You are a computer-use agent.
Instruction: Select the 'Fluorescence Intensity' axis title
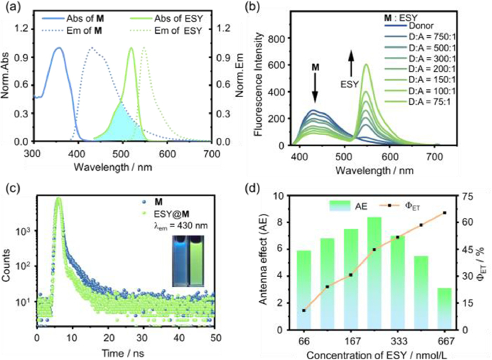click(262, 80)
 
